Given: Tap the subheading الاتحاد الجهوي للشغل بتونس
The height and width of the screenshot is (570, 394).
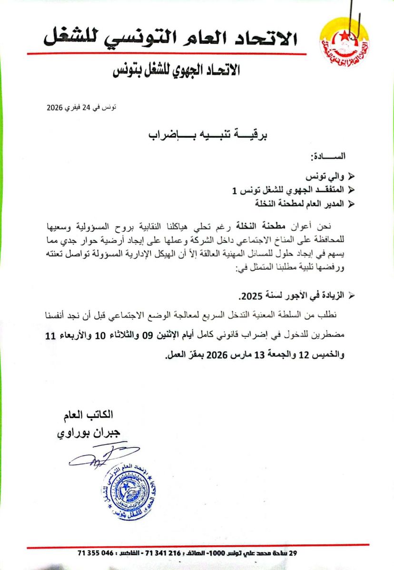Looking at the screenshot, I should point(176,71).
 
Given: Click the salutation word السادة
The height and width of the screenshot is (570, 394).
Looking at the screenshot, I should point(329,156).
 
